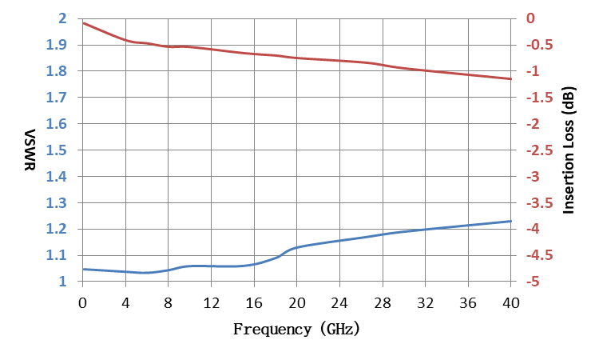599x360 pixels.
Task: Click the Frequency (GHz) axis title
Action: pos(296,329)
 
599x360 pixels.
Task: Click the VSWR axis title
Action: pos(30,150)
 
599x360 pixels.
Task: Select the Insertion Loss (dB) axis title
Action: pos(569,150)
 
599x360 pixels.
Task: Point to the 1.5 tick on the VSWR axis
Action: pos(56,150)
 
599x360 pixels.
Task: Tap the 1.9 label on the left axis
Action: pos(56,45)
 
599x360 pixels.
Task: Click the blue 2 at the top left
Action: pos(62,18)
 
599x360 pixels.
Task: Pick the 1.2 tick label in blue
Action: pos(56,229)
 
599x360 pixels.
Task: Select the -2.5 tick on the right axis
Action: pos(539,150)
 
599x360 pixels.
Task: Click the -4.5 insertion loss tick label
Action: pos(539,255)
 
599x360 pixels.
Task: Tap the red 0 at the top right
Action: pos(530,18)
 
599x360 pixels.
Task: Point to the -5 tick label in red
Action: pos(533,282)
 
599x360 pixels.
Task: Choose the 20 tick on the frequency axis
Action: pos(297,303)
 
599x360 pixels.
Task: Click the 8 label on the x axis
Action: pos(168,303)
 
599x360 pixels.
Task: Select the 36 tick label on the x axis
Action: pos(468,303)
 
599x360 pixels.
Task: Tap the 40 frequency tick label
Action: pos(511,303)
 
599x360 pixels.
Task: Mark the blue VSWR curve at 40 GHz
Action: pos(511,221)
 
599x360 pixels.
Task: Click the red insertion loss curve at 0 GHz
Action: pos(83,23)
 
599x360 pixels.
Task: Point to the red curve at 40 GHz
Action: pos(511,79)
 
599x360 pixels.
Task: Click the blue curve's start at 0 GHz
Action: pos(83,269)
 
